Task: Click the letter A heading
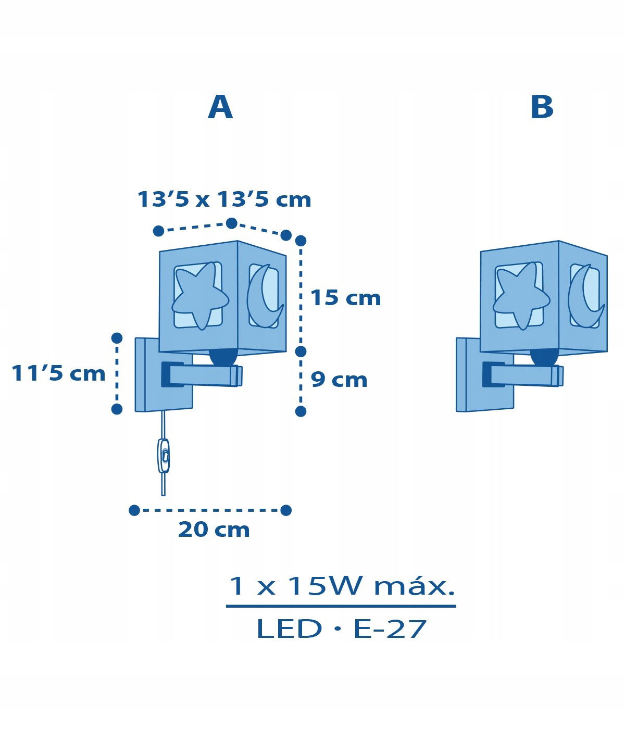click(220, 108)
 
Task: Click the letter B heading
click(542, 107)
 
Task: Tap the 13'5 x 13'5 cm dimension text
click(224, 199)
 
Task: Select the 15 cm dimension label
click(346, 298)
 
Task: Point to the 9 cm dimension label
click(339, 380)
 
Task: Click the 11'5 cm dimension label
click(58, 373)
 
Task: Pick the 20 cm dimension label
click(214, 539)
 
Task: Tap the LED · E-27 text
click(342, 629)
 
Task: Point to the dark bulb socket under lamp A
click(223, 357)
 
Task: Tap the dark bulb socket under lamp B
click(544, 357)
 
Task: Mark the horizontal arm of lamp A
click(202, 374)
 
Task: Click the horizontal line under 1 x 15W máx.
click(341, 606)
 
